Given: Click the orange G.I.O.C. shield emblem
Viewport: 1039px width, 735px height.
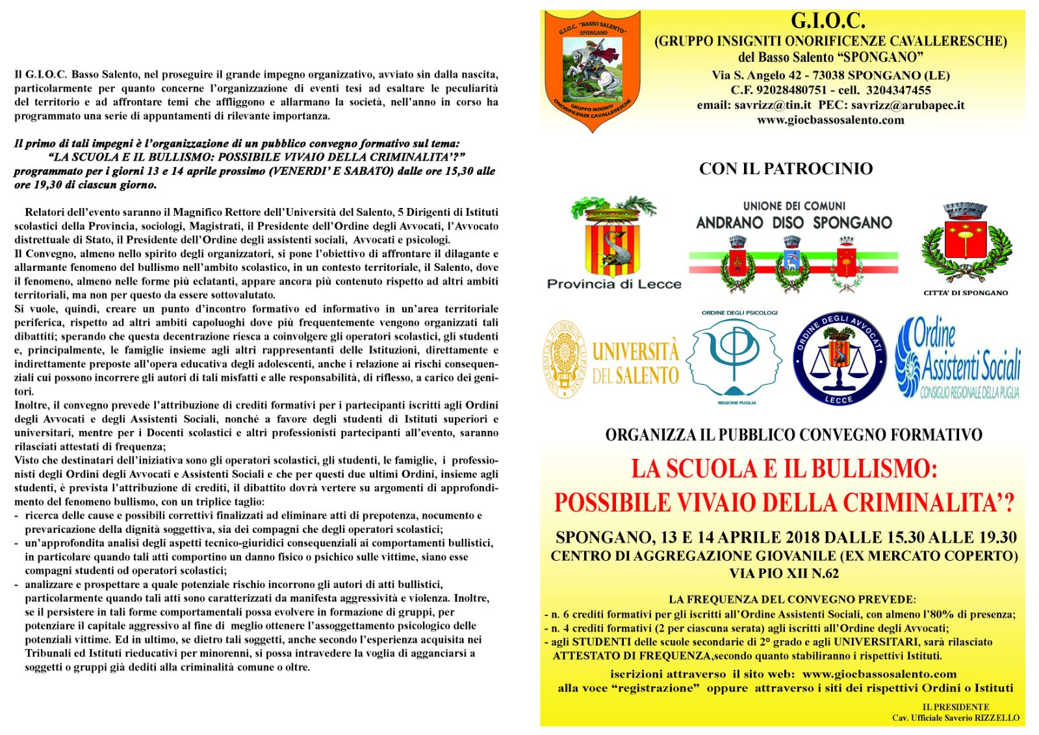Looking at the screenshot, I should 592,68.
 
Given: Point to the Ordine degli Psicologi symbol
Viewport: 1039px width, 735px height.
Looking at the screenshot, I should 734,356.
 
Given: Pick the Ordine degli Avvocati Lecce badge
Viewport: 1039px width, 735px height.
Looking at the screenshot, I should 839,358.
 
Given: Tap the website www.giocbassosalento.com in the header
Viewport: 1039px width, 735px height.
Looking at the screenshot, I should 830,120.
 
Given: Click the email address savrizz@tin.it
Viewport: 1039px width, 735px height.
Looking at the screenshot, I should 773,105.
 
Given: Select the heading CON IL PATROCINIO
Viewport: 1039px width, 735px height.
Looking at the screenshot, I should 786,169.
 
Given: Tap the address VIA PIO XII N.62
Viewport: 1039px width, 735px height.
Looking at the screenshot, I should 784,573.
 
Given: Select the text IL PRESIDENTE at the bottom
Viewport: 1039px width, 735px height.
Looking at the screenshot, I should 955,707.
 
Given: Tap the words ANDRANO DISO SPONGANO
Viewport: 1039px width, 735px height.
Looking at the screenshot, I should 794,223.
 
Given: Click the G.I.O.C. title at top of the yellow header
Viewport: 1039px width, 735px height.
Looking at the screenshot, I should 828,21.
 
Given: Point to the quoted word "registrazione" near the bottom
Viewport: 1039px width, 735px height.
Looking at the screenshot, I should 656,688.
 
